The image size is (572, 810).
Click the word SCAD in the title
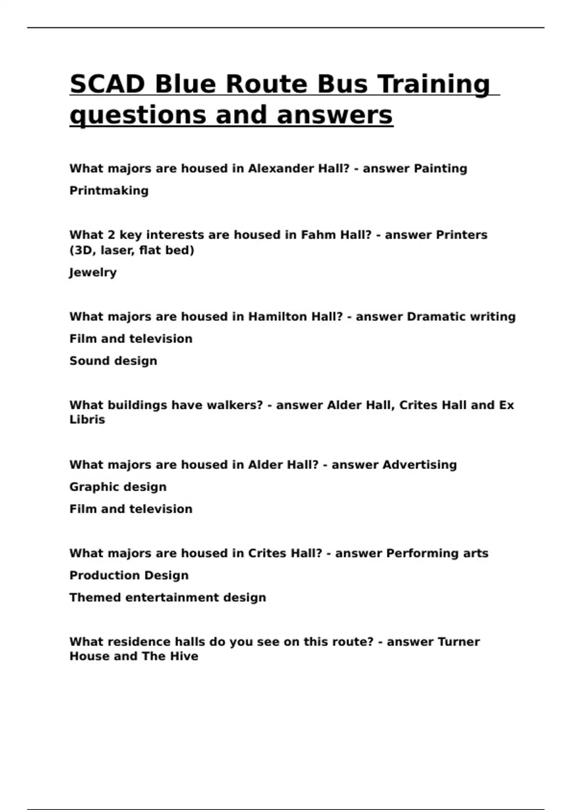point(108,84)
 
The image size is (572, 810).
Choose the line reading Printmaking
point(109,191)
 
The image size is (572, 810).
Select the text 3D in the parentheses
point(82,250)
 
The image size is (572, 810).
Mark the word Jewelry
point(93,273)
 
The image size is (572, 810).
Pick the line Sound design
point(113,361)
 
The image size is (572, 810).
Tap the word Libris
point(87,420)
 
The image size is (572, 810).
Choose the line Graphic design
point(118,487)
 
